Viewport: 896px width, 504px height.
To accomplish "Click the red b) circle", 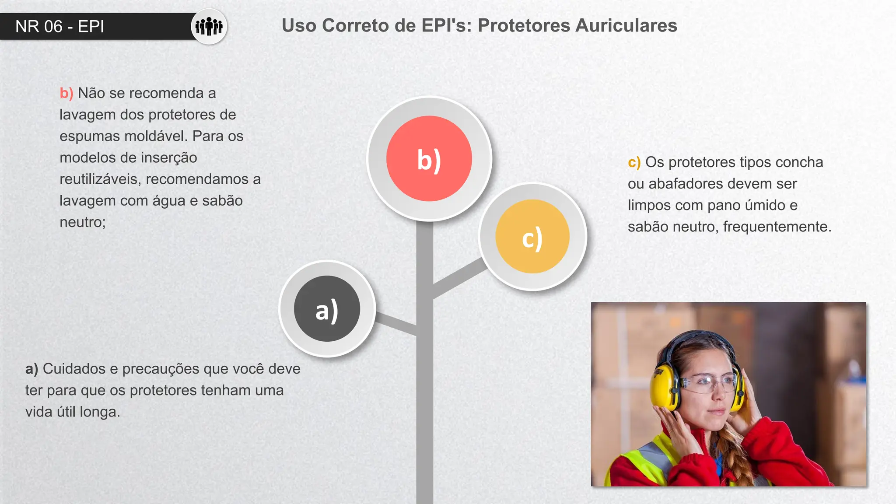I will coord(429,158).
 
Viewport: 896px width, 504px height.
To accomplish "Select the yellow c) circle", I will coord(532,237).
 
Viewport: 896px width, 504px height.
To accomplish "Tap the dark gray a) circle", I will coord(327,309).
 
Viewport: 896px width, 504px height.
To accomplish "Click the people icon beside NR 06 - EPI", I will coord(209,27).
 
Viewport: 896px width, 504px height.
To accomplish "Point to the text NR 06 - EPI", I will coord(60,27).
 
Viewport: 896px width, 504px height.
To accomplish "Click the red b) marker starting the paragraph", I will coord(66,93).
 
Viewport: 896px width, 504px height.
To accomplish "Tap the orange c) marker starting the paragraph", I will coord(634,162).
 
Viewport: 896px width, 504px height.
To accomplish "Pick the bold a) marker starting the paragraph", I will coord(31,369).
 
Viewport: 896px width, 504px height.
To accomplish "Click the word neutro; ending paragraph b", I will coord(83,222).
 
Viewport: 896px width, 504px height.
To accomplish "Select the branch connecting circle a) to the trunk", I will coord(395,324).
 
